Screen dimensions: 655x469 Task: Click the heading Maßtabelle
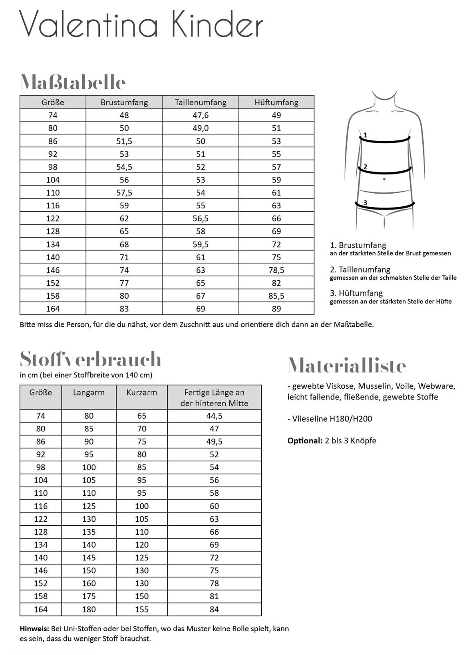click(x=73, y=83)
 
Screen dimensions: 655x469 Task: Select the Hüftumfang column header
click(x=276, y=102)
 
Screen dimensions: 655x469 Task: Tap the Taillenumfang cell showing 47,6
click(x=200, y=115)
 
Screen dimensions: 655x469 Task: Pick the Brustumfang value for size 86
click(x=124, y=141)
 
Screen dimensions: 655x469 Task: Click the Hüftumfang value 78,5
click(x=276, y=270)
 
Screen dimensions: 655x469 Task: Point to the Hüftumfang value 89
click(x=276, y=309)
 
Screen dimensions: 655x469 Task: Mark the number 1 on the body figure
click(x=365, y=135)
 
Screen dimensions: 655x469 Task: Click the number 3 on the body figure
click(x=365, y=203)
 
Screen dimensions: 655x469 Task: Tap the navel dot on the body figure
click(x=384, y=179)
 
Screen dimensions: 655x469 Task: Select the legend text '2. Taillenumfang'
click(x=360, y=270)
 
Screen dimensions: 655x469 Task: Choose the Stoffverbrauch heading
click(x=90, y=359)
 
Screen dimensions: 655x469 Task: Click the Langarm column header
click(x=89, y=393)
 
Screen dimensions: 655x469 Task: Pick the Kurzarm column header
click(x=141, y=393)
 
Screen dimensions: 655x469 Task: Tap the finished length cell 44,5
click(x=214, y=416)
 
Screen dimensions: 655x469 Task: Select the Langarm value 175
click(x=89, y=596)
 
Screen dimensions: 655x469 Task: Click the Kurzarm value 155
click(x=141, y=610)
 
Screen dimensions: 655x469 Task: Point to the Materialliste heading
click(x=347, y=366)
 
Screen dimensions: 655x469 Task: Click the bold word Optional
click(x=305, y=441)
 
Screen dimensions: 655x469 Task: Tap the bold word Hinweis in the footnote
click(x=34, y=628)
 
